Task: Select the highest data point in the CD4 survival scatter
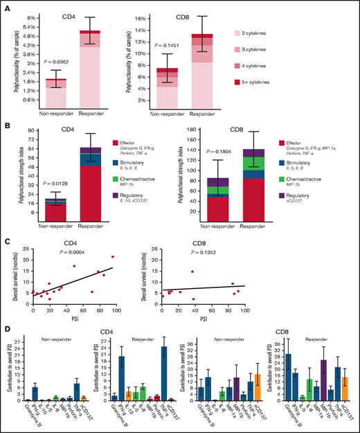[113, 256]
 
